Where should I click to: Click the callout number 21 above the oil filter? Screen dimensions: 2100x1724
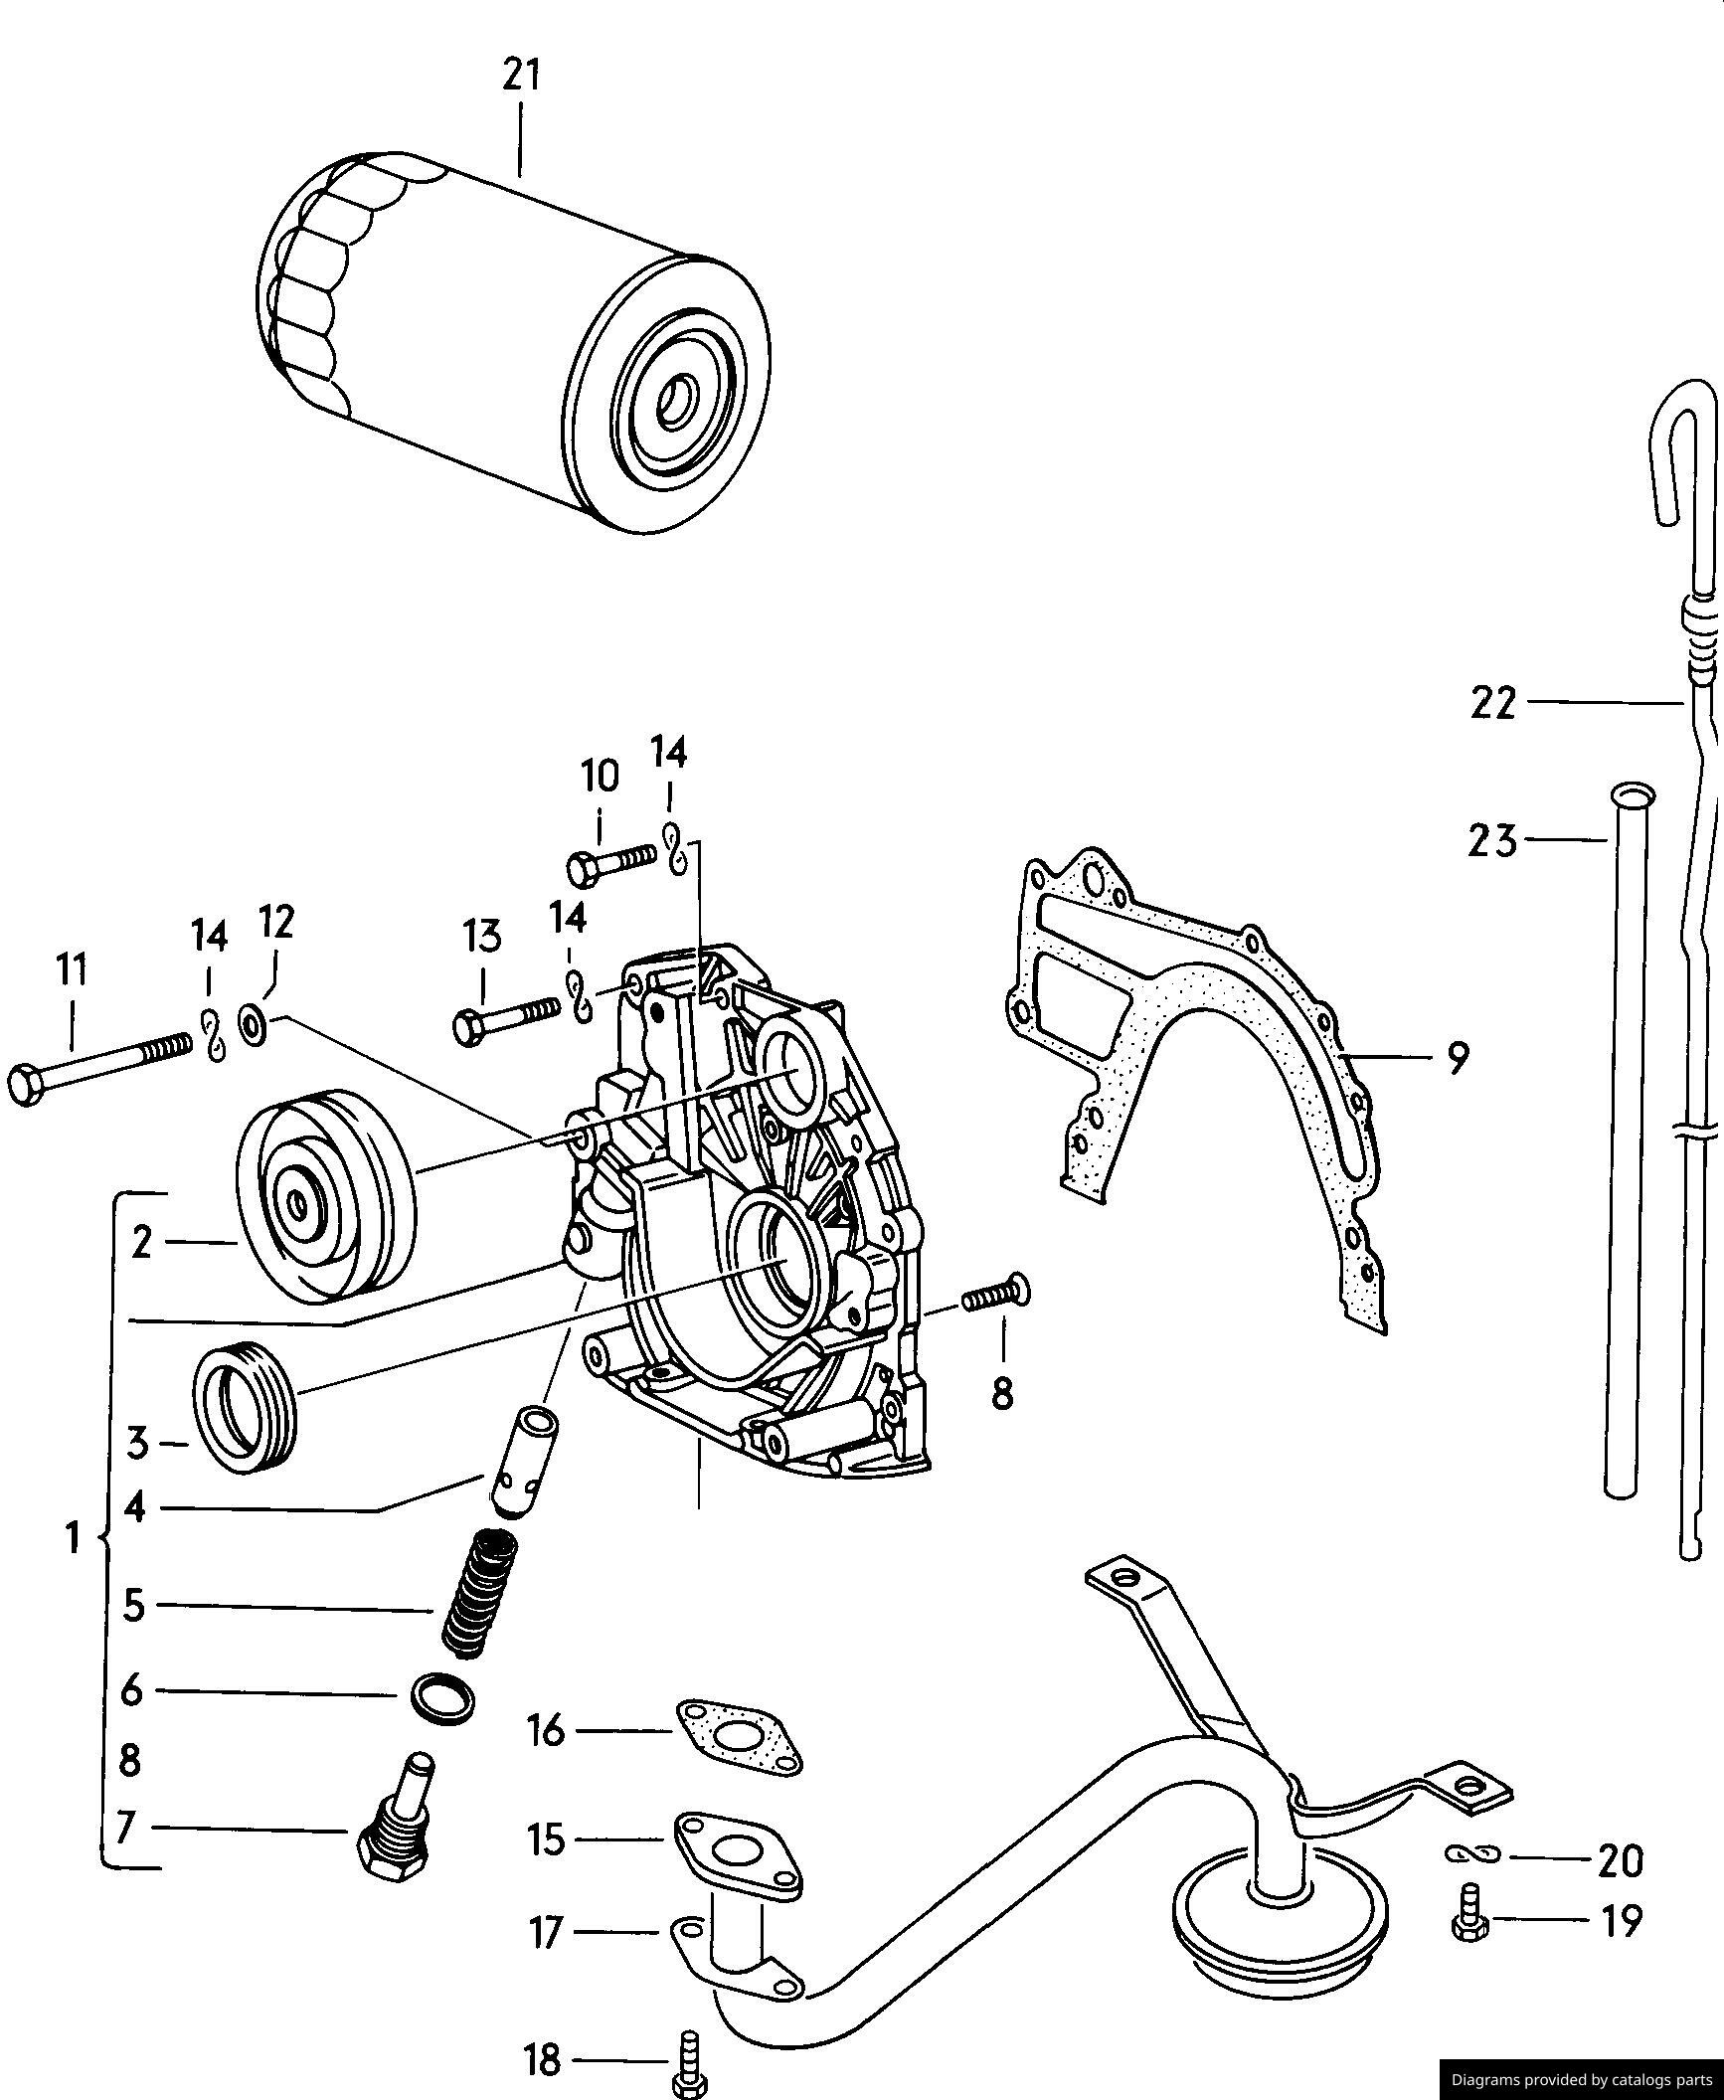(521, 76)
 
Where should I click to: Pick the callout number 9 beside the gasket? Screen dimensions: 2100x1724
(1457, 1059)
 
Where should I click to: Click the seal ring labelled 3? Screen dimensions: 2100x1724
(245, 1407)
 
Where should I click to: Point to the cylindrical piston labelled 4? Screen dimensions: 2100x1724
(523, 1475)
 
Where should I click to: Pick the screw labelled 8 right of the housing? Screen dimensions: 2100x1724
(996, 1296)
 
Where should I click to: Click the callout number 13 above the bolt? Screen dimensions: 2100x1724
(482, 937)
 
